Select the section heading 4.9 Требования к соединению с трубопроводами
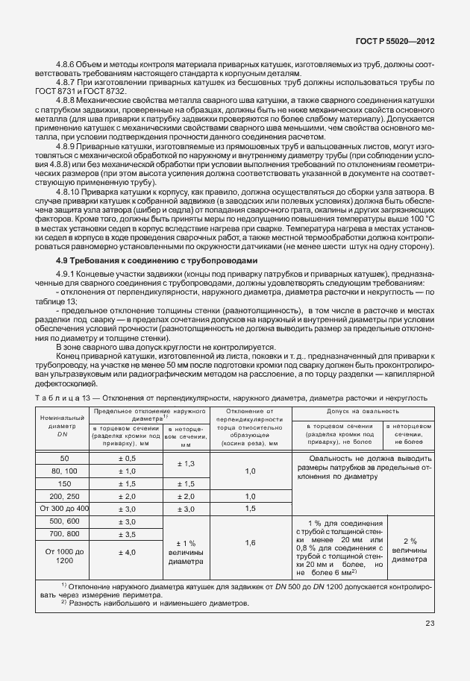pyautogui.click(x=157, y=260)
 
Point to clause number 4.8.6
pyautogui.click(x=68, y=68)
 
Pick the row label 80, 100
pyautogui.click(x=63, y=471)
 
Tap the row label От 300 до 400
pyautogui.click(x=63, y=507)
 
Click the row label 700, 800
pyautogui.click(x=63, y=534)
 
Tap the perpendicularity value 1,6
pyautogui.click(x=250, y=543)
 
